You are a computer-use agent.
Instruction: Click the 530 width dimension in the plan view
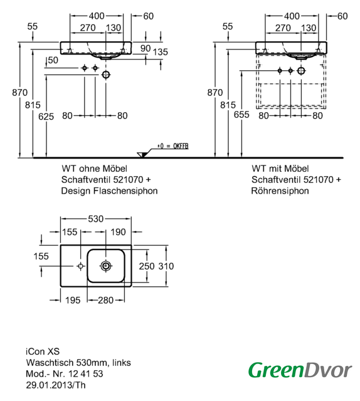pos(96,219)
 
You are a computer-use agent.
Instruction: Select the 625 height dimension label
pos(46,117)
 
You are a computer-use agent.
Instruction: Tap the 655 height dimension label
pos(241,115)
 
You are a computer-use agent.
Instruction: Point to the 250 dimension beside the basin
pos(147,266)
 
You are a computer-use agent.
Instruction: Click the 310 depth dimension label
pos(166,266)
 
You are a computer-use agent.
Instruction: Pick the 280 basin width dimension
pos(106,300)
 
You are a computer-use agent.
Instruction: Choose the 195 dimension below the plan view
pos(73,300)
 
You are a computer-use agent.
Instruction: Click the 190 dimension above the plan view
pos(118,232)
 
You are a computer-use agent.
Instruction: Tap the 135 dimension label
pos(161,52)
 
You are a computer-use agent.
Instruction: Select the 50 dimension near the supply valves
pos(53,60)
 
